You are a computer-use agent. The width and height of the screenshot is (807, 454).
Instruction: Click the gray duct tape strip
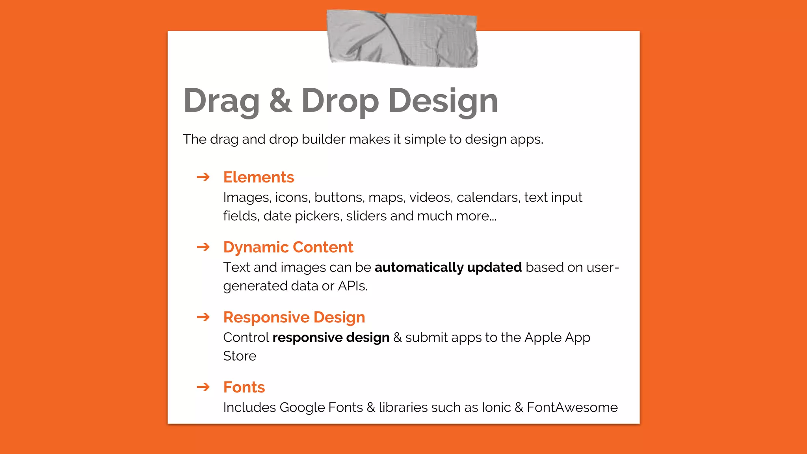(402, 39)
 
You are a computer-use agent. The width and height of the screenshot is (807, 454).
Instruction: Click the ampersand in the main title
(281, 100)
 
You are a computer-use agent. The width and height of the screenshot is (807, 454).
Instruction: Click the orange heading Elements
(258, 177)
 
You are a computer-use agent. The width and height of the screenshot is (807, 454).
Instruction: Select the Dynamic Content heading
(288, 247)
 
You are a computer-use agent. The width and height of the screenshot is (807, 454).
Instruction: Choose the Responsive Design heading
(294, 317)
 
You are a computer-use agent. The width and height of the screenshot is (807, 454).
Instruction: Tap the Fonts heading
(244, 387)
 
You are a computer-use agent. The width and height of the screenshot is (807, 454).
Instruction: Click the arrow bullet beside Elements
(203, 177)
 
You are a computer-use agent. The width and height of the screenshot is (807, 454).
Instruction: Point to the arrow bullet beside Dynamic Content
(203, 247)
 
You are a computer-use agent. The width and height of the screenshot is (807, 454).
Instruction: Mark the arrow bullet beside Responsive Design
(203, 317)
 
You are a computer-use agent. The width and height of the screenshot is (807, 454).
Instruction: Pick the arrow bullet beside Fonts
(203, 387)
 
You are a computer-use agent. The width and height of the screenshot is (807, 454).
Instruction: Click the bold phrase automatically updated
(448, 267)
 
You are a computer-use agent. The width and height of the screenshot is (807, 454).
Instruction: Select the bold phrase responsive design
(331, 337)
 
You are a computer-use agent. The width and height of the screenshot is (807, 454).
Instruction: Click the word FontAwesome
(572, 407)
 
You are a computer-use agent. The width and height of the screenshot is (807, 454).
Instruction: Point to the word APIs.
(353, 286)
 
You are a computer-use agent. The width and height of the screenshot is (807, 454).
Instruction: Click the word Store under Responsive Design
(240, 356)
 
